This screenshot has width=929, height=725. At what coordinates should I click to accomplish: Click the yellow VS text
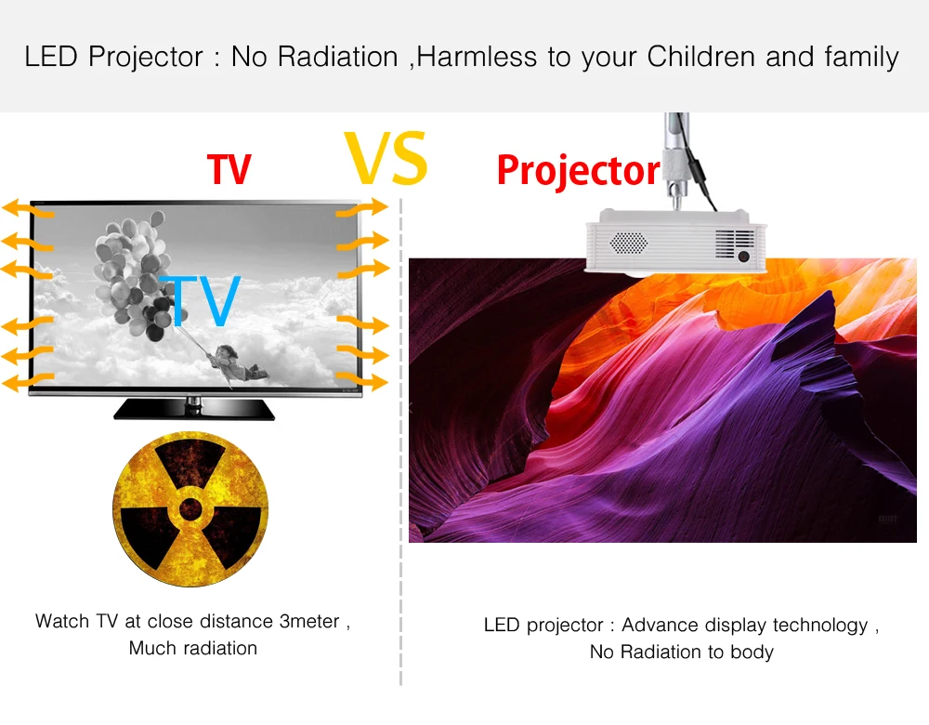pyautogui.click(x=386, y=158)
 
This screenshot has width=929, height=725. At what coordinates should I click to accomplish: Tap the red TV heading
pyautogui.click(x=229, y=169)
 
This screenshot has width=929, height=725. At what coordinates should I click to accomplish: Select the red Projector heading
pyautogui.click(x=578, y=171)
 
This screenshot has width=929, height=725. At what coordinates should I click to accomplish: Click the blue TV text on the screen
pyautogui.click(x=202, y=300)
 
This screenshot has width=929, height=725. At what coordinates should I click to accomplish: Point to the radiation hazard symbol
pyautogui.click(x=190, y=509)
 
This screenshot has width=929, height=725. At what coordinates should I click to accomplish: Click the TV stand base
pyautogui.click(x=194, y=410)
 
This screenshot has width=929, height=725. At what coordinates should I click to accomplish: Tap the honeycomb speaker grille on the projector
pyautogui.click(x=629, y=243)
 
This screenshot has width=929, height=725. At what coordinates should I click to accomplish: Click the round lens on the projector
pyautogui.click(x=743, y=257)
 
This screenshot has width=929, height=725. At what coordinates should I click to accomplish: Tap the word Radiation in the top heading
pyautogui.click(x=338, y=57)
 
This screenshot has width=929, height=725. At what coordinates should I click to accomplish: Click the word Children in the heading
pyautogui.click(x=701, y=57)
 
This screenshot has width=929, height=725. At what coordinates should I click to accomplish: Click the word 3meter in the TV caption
pyautogui.click(x=309, y=621)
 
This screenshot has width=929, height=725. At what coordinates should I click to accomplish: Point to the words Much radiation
pyautogui.click(x=193, y=648)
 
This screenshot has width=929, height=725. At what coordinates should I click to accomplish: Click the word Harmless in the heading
pyautogui.click(x=477, y=57)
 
